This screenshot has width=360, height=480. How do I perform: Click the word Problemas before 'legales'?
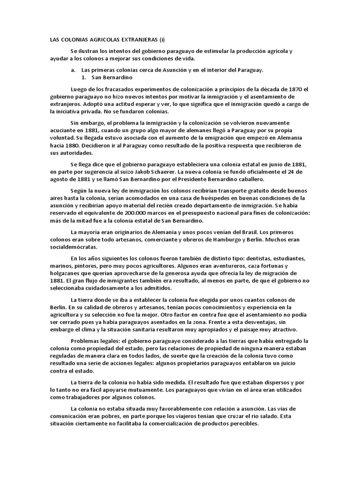86,341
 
